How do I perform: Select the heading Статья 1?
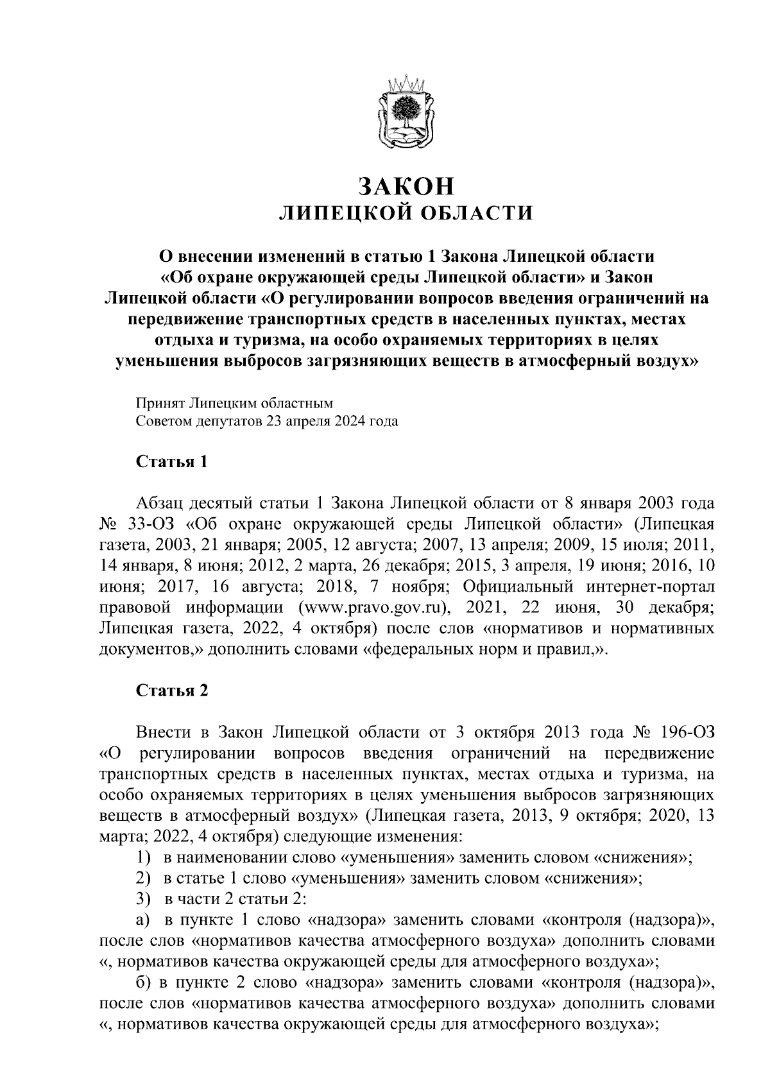(171, 462)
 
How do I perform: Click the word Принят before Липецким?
(160, 403)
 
